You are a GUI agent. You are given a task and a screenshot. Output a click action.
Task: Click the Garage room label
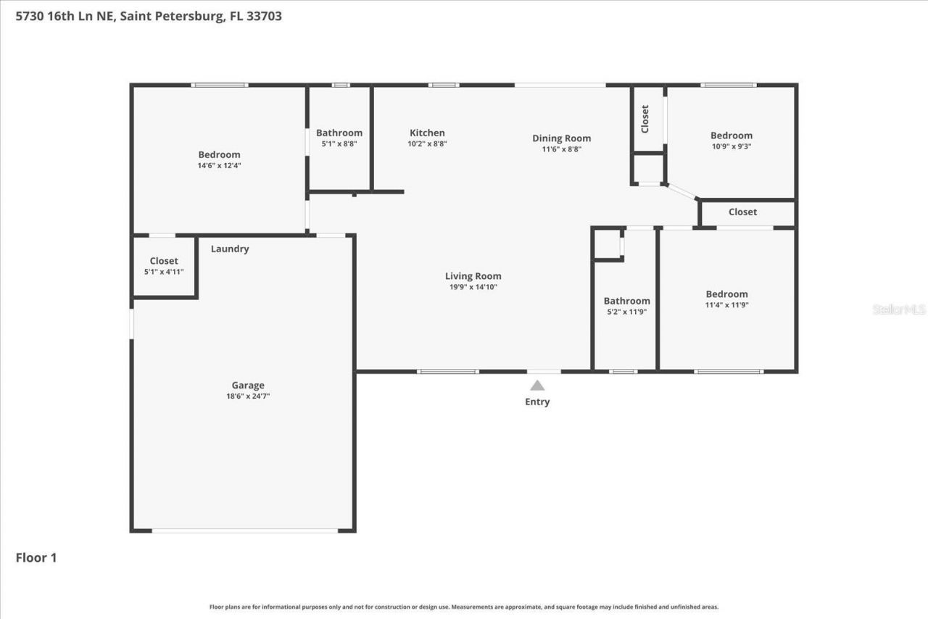coord(248,386)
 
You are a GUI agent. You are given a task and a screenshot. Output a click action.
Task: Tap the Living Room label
coord(473,276)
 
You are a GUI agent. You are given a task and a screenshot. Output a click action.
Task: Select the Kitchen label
coord(427,133)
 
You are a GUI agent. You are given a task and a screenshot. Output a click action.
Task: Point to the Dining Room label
coord(561,138)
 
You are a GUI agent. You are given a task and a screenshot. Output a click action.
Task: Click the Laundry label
coord(230,249)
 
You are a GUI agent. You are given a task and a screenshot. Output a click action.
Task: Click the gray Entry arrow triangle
coord(537,386)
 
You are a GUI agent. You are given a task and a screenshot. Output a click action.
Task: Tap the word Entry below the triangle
coord(537,402)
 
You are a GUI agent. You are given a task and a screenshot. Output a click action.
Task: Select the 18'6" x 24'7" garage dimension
coord(248,396)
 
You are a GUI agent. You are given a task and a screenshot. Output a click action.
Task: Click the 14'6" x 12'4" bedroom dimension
coord(219,165)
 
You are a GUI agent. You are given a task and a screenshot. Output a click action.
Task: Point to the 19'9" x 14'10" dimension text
coord(473,287)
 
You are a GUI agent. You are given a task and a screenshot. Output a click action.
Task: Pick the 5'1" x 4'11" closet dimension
coord(164,272)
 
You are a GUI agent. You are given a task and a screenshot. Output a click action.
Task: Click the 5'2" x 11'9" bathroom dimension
coord(626,312)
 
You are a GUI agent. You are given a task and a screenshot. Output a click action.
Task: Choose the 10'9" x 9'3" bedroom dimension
coord(731,146)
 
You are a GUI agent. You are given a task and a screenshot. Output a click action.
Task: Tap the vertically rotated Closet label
coord(645,119)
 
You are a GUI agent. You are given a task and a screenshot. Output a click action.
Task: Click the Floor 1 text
coord(36,557)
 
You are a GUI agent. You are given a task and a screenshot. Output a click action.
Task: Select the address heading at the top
coord(149,16)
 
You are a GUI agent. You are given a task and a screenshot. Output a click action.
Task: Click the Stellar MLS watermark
coord(899,309)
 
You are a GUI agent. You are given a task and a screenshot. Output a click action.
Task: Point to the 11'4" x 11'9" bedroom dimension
coord(726,305)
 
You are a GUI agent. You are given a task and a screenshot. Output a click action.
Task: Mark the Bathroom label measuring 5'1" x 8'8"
coord(339,133)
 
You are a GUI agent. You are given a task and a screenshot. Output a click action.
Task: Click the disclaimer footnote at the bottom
coord(464,607)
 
